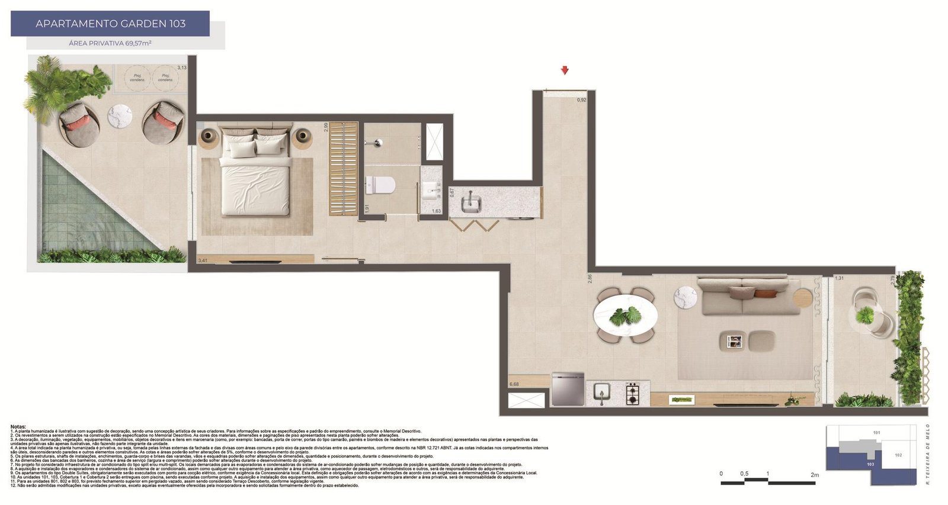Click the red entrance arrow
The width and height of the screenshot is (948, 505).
click(x=565, y=70)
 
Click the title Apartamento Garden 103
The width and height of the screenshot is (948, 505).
click(x=110, y=24)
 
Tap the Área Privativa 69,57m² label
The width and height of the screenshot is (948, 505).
click(x=110, y=43)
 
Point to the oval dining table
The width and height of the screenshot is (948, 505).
click(x=626, y=315)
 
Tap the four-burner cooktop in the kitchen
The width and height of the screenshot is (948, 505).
click(x=633, y=393)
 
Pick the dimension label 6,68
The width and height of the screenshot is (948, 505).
click(x=514, y=384)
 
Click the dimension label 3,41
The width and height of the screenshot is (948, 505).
click(x=203, y=260)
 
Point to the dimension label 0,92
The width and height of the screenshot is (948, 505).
click(x=581, y=100)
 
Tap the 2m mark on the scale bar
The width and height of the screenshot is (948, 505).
click(x=815, y=474)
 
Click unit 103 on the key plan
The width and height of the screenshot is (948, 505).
click(x=870, y=465)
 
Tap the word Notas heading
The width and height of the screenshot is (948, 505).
click(x=18, y=426)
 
